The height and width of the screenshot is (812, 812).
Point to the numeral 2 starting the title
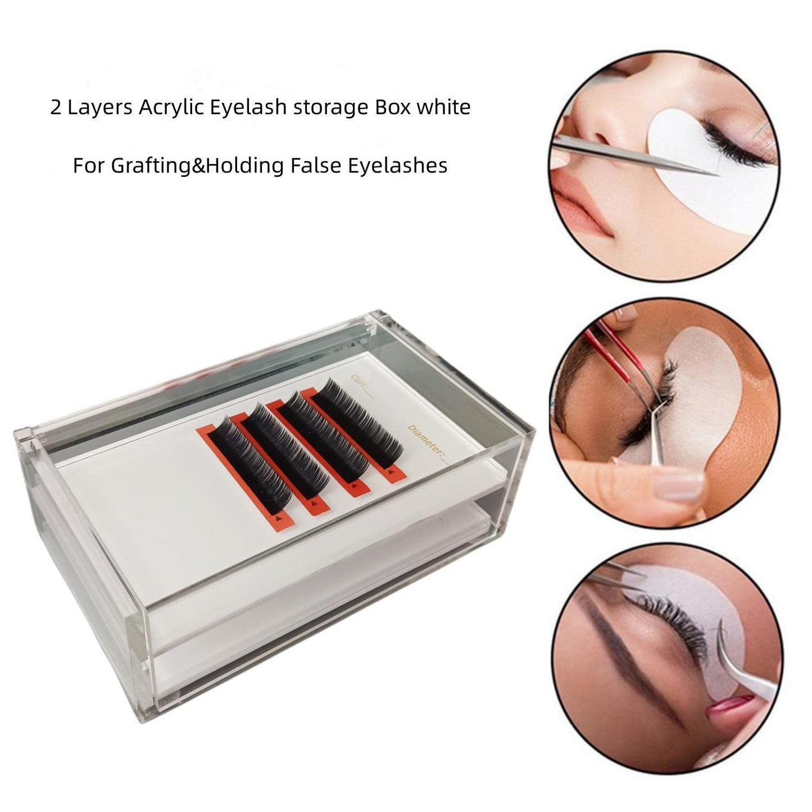coord(55,107)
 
